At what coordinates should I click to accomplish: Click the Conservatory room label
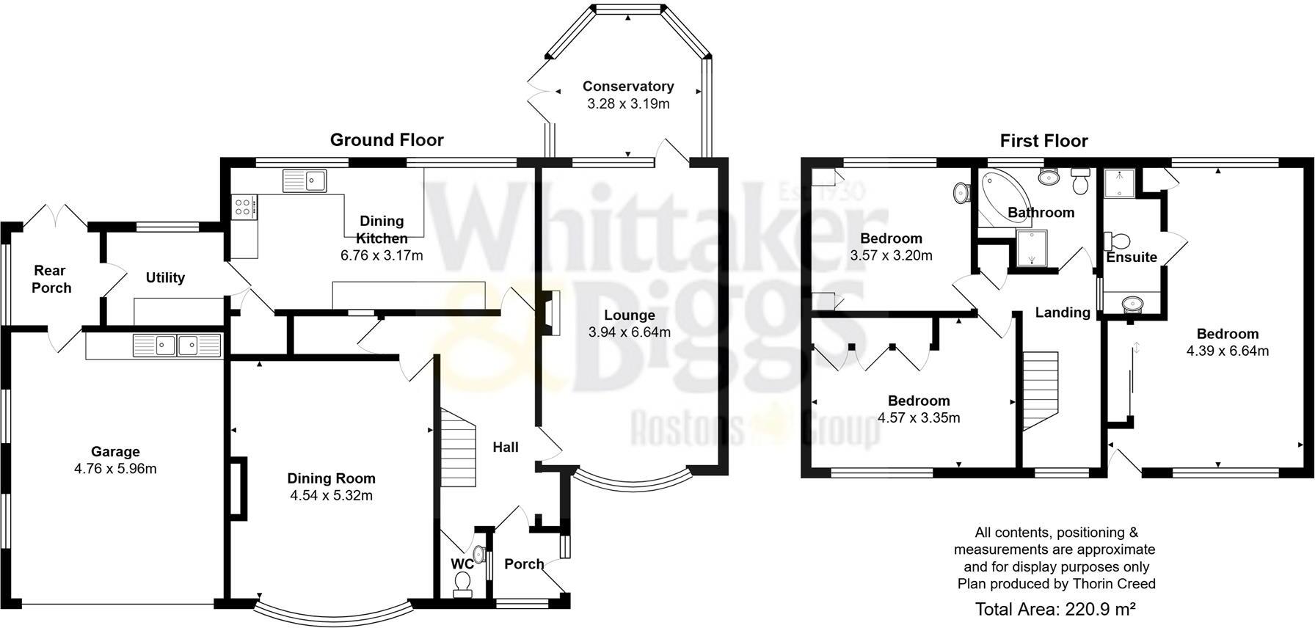pyautogui.click(x=628, y=87)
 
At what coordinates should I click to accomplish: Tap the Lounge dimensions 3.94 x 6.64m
pyautogui.click(x=629, y=332)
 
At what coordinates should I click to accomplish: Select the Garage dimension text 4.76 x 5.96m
pyautogui.click(x=115, y=469)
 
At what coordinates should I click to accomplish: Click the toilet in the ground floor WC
pyautogui.click(x=462, y=583)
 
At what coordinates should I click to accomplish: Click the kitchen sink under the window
pyautogui.click(x=305, y=180)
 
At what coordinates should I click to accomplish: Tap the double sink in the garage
pyautogui.click(x=176, y=346)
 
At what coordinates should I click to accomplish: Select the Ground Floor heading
pyautogui.click(x=387, y=139)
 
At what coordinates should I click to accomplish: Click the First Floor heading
pyautogui.click(x=1043, y=141)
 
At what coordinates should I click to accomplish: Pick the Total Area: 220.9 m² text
pyautogui.click(x=1055, y=609)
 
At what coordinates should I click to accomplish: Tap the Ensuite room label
pyautogui.click(x=1132, y=258)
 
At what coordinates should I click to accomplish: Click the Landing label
pyautogui.click(x=1062, y=313)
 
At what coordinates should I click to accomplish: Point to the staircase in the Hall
pyautogui.click(x=458, y=448)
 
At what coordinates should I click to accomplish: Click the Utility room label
pyautogui.click(x=165, y=278)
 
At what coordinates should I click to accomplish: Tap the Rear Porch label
pyautogui.click(x=51, y=280)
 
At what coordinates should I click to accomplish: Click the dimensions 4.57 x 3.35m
pyautogui.click(x=919, y=418)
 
